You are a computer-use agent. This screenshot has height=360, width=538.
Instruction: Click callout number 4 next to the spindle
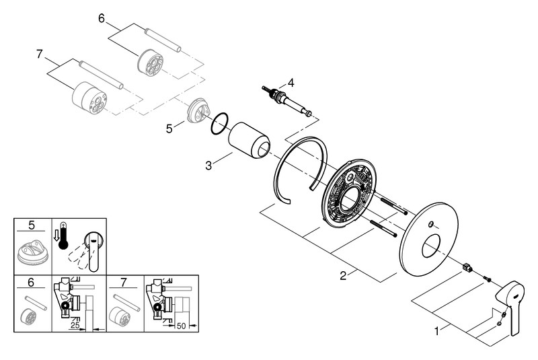pos(291,83)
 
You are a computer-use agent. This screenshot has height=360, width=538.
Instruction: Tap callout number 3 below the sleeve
pos(209,164)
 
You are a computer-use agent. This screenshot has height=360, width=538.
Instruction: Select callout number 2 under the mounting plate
pos(344,275)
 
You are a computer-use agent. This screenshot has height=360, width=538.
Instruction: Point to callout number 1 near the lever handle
pos(438,331)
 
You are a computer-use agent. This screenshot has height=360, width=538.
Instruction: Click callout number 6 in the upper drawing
pos(102,19)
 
